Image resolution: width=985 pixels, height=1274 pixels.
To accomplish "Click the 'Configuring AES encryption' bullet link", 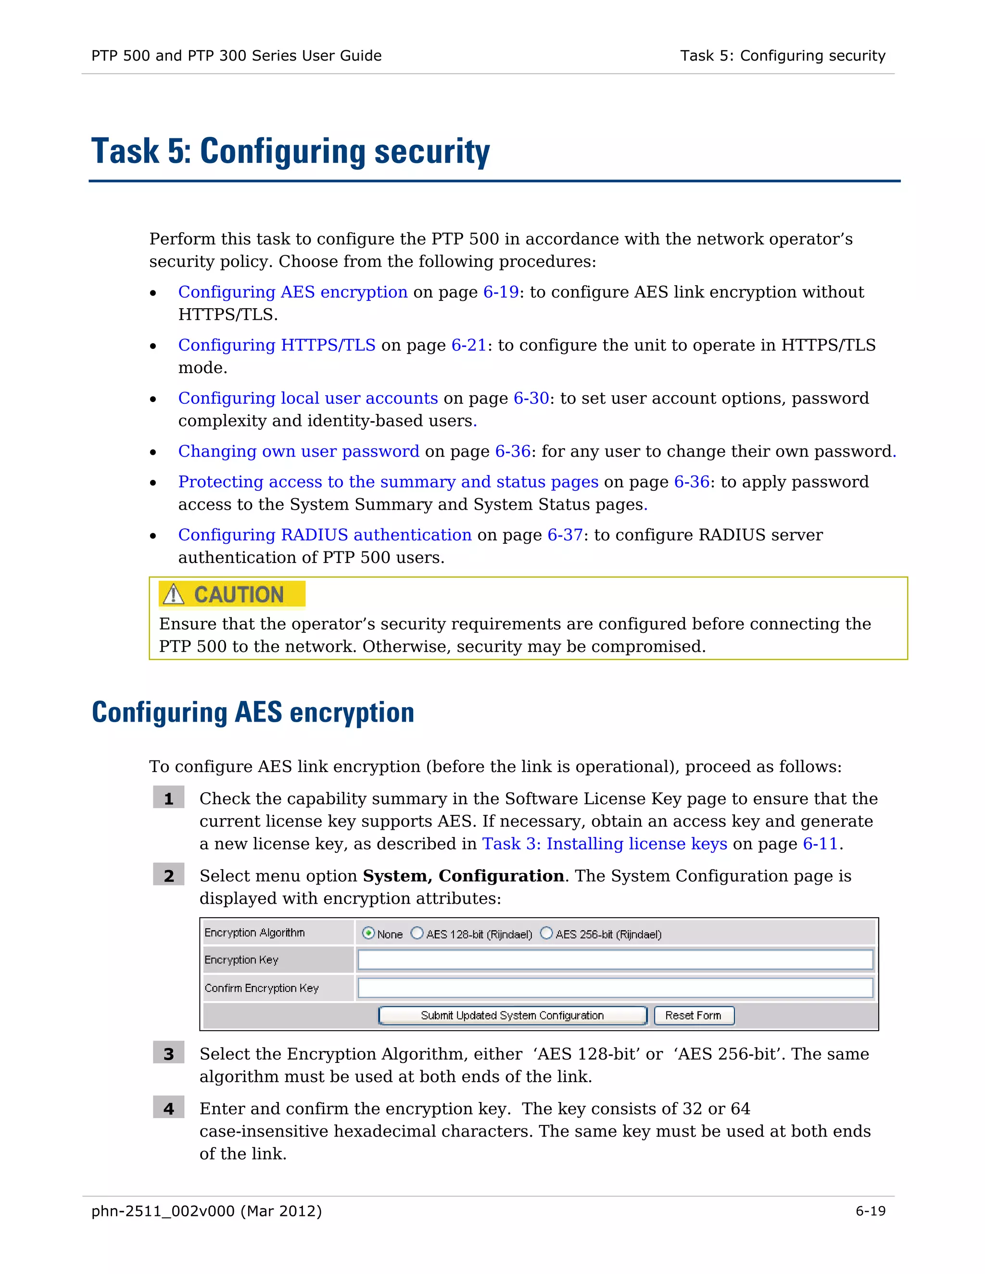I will (292, 292).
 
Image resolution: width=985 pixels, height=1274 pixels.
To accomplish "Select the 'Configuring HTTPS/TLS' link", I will (277, 345).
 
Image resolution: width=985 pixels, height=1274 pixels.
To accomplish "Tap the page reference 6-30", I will (531, 398).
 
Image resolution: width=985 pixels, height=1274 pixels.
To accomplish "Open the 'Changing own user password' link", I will (298, 451).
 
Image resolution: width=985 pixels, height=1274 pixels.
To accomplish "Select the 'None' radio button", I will (368, 933).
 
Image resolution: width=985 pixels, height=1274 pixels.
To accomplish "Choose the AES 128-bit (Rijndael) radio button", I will (417, 933).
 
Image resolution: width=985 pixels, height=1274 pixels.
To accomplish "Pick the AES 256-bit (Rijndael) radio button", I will (546, 933).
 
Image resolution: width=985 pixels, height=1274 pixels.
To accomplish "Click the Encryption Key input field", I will (615, 960).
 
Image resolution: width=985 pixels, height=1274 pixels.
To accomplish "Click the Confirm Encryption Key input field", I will (615, 987).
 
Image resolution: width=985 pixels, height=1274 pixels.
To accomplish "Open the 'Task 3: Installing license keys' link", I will (604, 844).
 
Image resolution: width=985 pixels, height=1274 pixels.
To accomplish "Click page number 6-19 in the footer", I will (870, 1211).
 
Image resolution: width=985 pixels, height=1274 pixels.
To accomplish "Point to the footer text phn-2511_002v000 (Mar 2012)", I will (206, 1211).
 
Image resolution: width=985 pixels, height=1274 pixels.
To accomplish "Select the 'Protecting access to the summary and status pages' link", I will (388, 481).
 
